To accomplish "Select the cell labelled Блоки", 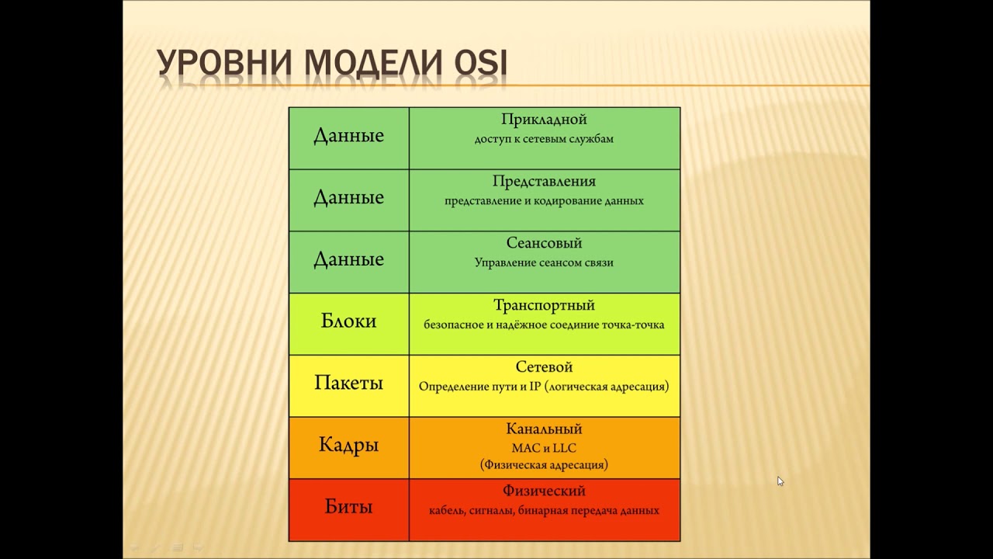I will point(348,321).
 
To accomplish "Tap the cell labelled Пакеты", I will point(348,384).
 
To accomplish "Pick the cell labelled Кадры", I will point(348,446).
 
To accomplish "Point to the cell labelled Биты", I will point(348,508).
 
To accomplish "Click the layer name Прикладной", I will point(544,120).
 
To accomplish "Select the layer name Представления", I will point(544,182).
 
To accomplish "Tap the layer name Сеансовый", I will point(544,244).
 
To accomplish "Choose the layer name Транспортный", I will point(544,306).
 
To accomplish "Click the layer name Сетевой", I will point(544,367).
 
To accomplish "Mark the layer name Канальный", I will point(544,429).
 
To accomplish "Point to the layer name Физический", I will point(544,491).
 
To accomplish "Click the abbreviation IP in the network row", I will point(535,387).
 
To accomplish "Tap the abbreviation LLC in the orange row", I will point(563,448).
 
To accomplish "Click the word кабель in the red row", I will point(447,511).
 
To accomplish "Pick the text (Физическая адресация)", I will point(544,465).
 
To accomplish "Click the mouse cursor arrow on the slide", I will point(780,481).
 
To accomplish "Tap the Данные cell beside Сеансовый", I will point(348,259).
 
